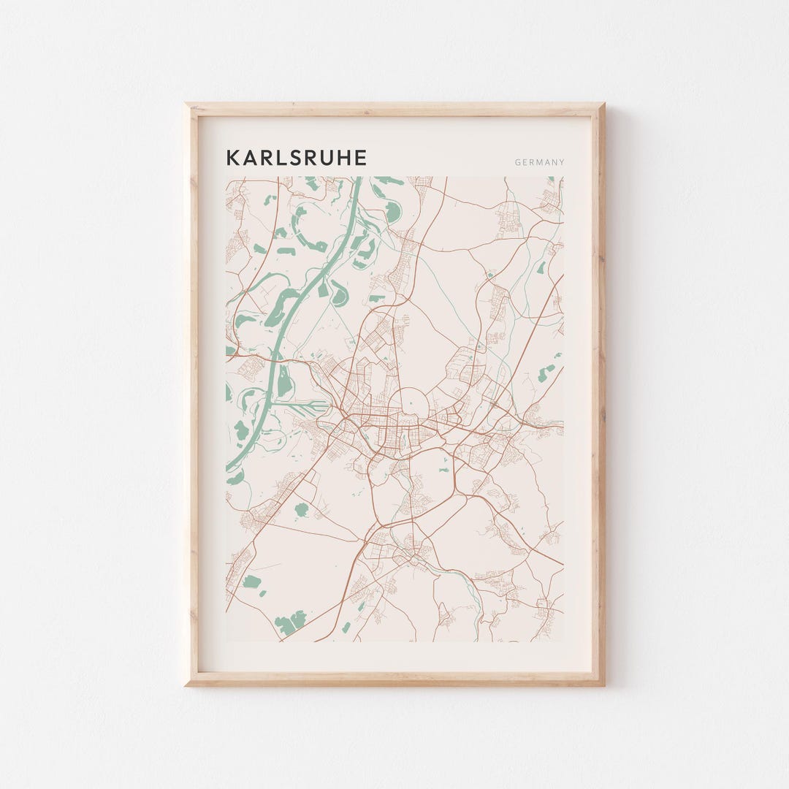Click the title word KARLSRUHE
296,158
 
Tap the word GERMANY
539,162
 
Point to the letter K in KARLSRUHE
232,158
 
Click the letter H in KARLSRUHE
342,158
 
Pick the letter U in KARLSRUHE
327,158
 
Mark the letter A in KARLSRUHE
249,158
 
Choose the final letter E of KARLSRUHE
360,158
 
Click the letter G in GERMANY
517,162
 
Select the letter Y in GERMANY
561,162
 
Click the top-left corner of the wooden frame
188,106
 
